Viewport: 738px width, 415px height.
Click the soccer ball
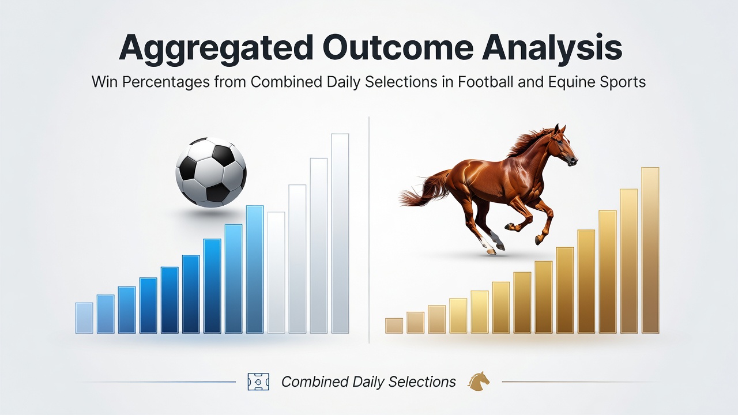tap(211, 172)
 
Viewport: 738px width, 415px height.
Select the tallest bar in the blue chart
tap(340, 233)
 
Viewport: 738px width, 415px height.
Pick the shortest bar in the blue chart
tap(84, 318)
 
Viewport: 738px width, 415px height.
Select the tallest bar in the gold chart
tap(650, 250)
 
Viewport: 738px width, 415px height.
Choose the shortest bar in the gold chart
tap(394, 326)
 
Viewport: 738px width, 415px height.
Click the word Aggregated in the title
tap(216, 47)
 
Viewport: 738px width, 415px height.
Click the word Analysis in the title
tap(552, 47)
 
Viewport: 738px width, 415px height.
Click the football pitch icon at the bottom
tap(258, 382)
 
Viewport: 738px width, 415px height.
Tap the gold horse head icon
tap(479, 382)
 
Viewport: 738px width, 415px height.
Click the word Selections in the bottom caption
tap(422, 382)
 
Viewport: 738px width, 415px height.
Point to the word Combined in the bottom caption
tap(315, 382)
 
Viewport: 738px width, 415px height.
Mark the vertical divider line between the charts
tap(369, 229)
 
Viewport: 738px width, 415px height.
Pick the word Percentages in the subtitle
tap(166, 82)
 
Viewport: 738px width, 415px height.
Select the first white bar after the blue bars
tap(276, 273)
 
